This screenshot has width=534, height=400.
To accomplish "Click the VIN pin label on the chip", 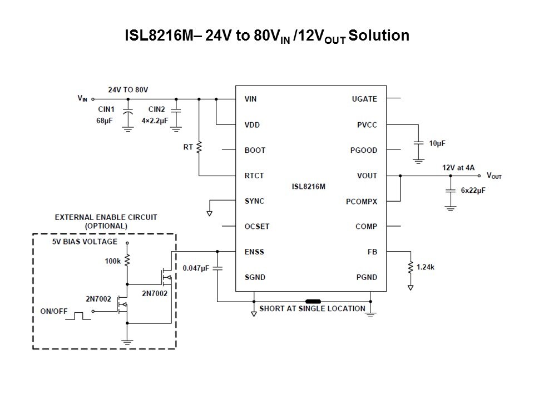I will pyautogui.click(x=250, y=99).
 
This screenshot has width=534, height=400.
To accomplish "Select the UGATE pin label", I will pyautogui.click(x=364, y=99).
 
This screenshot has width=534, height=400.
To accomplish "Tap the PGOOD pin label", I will pyautogui.click(x=364, y=150).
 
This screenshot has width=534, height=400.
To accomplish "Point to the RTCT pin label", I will pyautogui.click(x=254, y=176).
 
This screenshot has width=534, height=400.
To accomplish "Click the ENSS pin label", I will pyautogui.click(x=254, y=252).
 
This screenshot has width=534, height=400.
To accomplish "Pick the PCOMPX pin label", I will pyautogui.click(x=362, y=201).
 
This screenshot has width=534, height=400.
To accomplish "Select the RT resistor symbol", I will pyautogui.click(x=199, y=147).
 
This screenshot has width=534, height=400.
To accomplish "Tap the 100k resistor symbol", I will pyautogui.click(x=127, y=259).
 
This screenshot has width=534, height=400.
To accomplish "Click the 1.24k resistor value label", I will pyautogui.click(x=425, y=267).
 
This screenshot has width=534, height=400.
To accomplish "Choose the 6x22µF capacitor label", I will pyautogui.click(x=473, y=190).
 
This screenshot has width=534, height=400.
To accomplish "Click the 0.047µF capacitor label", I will pyautogui.click(x=196, y=268).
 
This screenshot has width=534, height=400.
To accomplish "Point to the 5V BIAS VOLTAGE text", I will pyautogui.click(x=84, y=242).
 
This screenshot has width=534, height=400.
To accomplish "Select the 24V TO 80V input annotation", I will pyautogui.click(x=128, y=89).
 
